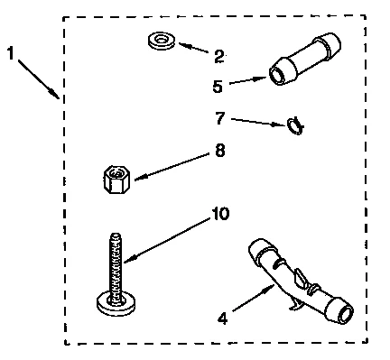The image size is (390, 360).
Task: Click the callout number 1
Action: (11, 55)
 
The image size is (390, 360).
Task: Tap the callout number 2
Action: (218, 57)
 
